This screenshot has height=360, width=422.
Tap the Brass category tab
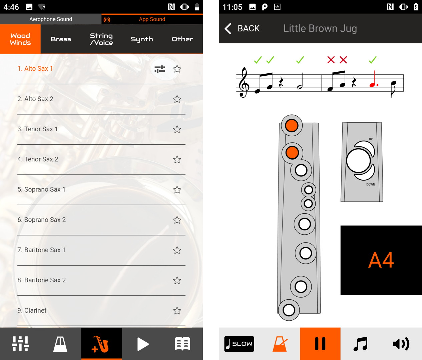(x=61, y=39)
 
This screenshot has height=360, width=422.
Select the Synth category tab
(x=142, y=39)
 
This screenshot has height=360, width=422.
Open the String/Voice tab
(x=101, y=39)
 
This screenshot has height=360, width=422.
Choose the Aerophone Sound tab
(x=51, y=19)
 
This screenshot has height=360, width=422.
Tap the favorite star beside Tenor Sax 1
(x=177, y=129)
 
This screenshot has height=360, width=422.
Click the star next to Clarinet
(x=177, y=311)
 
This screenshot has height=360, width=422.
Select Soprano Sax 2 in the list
(x=42, y=220)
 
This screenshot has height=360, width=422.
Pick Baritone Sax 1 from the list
(x=41, y=250)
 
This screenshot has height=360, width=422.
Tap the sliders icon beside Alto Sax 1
(x=160, y=69)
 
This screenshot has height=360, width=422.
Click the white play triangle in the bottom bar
(x=143, y=344)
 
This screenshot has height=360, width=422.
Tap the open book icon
(x=182, y=344)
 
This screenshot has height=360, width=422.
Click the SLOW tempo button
(x=239, y=344)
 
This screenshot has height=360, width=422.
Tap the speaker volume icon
(x=401, y=344)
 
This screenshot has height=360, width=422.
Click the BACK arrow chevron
(x=228, y=29)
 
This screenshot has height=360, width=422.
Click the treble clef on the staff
(x=244, y=82)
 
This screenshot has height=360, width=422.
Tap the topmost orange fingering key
(x=292, y=125)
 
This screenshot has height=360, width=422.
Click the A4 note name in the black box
(x=381, y=260)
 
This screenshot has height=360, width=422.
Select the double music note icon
(x=361, y=344)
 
